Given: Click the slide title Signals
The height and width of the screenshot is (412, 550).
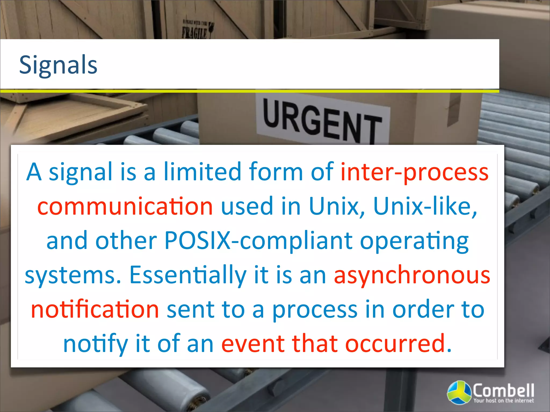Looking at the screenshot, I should [x=58, y=65].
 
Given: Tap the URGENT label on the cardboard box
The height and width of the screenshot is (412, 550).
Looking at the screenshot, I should [x=322, y=121].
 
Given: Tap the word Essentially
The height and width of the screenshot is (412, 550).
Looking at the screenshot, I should [x=188, y=275].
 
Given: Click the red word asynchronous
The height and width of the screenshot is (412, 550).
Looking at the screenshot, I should [x=412, y=275].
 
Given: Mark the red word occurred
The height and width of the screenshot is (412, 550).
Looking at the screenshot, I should [x=395, y=343].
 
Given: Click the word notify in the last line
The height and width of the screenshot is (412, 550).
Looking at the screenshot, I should [x=95, y=344].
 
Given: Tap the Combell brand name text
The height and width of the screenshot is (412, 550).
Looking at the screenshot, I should [x=503, y=391].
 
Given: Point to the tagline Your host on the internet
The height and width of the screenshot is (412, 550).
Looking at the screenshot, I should [x=504, y=400].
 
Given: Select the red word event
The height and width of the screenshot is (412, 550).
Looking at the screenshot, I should [x=253, y=343].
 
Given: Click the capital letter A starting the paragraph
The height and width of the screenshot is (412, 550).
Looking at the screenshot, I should [x=34, y=172].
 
